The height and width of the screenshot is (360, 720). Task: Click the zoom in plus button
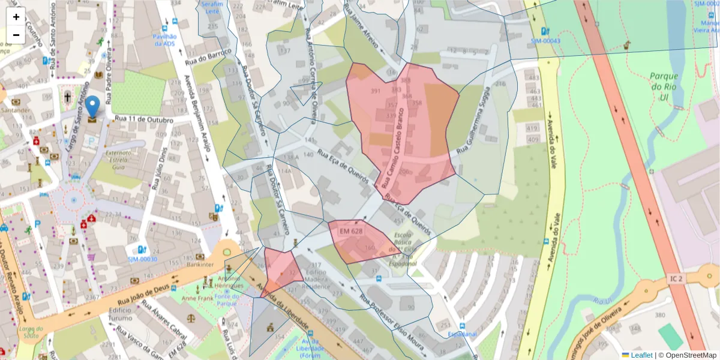(x=16, y=17)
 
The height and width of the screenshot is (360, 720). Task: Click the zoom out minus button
(x=16, y=35)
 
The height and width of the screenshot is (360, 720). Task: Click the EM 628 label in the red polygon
(x=351, y=231)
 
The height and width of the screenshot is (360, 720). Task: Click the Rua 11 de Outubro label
(x=143, y=119)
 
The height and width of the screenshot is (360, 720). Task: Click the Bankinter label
(x=200, y=264)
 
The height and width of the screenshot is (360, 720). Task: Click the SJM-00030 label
(x=142, y=259)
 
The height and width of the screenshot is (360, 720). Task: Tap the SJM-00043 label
(x=545, y=41)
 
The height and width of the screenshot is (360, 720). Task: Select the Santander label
(x=15, y=110)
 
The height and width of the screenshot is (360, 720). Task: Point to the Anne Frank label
(x=197, y=298)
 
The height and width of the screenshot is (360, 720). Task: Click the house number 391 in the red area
(x=376, y=91)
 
